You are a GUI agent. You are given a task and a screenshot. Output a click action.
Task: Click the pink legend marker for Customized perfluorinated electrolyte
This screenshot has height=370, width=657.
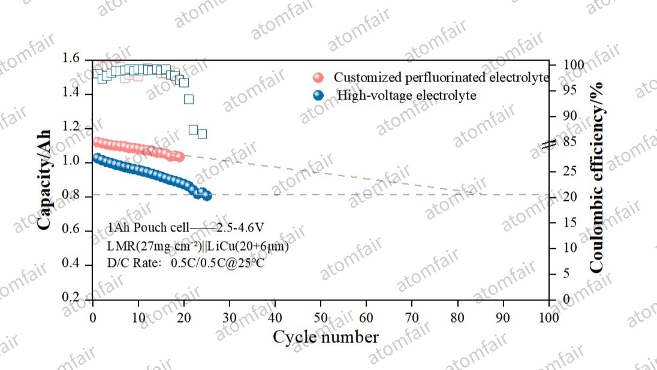click(318, 78)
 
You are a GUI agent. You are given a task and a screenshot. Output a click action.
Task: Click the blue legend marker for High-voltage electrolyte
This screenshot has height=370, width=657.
click(318, 95)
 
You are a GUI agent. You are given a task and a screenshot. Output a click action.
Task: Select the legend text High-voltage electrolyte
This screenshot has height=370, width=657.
click(406, 95)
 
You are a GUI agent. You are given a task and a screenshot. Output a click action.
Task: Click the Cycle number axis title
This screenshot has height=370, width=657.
click(326, 337)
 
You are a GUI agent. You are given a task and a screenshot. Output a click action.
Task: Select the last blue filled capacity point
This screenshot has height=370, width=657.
click(207, 195)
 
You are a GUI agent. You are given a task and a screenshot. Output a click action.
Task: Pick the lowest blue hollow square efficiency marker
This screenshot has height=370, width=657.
click(202, 134)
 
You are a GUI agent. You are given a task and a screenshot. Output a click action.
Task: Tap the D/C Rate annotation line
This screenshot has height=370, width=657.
click(186, 263)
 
